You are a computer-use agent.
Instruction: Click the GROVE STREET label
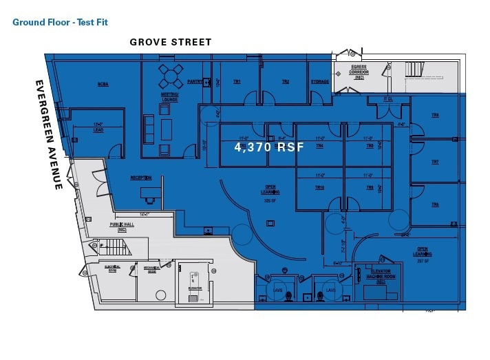tap(171, 42)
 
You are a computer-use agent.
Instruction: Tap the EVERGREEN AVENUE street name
tap(50, 135)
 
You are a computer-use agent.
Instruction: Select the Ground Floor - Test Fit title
tap(61, 22)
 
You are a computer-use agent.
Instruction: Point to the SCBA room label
tap(103, 85)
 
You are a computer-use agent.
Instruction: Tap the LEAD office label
tap(98, 127)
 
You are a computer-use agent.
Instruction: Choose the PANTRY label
tap(194, 81)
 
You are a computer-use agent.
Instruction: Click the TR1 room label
tap(237, 82)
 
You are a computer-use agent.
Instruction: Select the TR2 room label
tap(285, 82)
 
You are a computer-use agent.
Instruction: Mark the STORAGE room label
tap(319, 82)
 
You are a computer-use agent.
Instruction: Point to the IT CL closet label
tap(388, 99)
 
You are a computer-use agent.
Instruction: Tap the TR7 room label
tap(435, 162)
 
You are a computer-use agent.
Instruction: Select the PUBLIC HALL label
tap(122, 226)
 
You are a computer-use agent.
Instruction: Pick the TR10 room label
tap(319, 187)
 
